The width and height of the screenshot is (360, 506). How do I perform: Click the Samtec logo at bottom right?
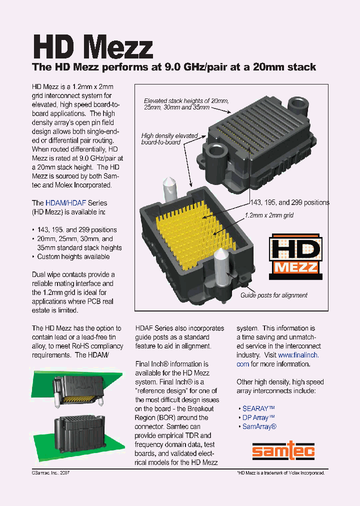click(282, 452)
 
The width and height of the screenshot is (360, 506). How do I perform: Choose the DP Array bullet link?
click(258, 417)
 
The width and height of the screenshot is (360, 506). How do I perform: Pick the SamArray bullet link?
click(259, 426)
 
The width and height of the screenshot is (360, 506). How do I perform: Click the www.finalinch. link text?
click(298, 355)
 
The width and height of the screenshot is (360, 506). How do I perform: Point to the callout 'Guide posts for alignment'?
click(274, 295)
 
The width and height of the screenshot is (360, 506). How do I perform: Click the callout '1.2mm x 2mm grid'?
click(269, 215)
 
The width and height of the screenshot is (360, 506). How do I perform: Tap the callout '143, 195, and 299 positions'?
click(289, 202)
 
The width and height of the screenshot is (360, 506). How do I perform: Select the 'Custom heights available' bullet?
click(73, 257)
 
